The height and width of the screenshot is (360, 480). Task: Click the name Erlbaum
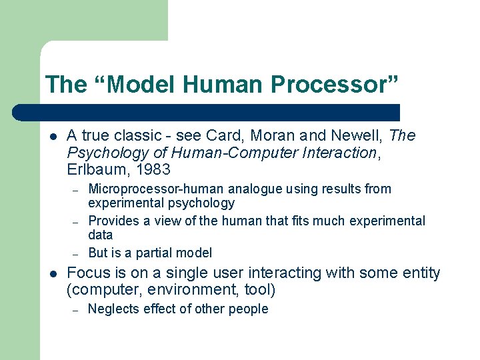(x=93, y=170)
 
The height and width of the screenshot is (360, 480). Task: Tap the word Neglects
(x=113, y=309)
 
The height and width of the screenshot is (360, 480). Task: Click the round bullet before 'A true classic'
(x=53, y=137)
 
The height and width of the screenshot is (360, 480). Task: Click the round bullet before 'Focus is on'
(x=53, y=274)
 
